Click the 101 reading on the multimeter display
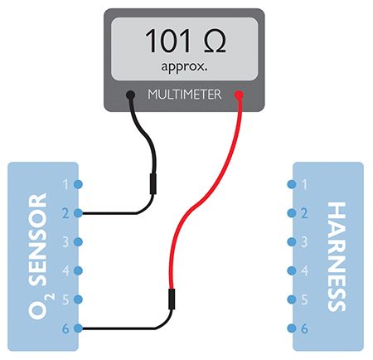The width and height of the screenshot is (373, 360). click(x=167, y=41)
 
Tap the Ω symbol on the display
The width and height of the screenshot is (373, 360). click(x=215, y=41)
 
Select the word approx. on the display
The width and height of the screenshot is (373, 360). click(x=184, y=67)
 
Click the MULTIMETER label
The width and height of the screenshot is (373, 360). click(x=185, y=95)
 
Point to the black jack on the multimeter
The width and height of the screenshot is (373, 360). click(x=130, y=95)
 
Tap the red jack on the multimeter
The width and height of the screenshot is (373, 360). click(x=239, y=95)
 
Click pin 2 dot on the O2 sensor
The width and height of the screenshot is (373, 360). click(x=78, y=213)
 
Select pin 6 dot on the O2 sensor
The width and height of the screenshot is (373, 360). click(x=78, y=328)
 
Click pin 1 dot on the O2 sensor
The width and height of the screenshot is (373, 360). click(x=78, y=184)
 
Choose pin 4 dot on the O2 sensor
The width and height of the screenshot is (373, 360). click(x=78, y=270)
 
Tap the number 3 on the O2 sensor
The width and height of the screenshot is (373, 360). click(x=65, y=242)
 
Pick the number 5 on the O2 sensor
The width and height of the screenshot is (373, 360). click(x=65, y=299)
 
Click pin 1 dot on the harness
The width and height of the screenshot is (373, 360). click(x=292, y=184)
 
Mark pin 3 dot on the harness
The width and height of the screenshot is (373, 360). click(x=292, y=242)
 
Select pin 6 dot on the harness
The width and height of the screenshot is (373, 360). click(x=292, y=328)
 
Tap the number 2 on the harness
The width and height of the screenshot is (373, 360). click(x=304, y=213)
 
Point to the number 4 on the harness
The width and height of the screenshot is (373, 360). click(x=304, y=270)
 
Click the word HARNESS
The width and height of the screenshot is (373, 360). click(x=337, y=256)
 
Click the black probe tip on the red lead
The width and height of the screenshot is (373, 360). click(x=172, y=299)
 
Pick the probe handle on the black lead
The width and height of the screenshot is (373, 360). click(x=153, y=184)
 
